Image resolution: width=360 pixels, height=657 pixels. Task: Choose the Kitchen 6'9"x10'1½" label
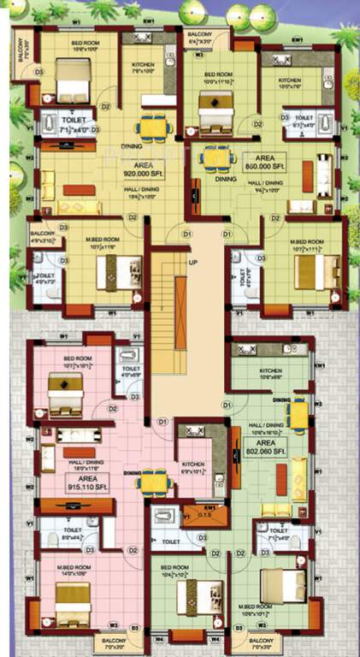click(x=192, y=467)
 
